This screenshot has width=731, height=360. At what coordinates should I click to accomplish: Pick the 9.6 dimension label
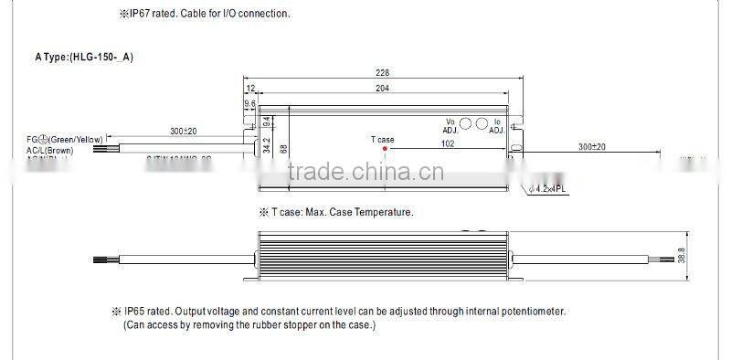(250, 104)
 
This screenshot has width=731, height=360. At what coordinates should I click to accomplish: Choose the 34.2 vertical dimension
(265, 145)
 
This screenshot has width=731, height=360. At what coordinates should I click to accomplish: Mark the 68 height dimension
(283, 148)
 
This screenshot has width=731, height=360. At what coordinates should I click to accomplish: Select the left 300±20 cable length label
(183, 131)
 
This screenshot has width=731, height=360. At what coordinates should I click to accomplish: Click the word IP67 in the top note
(145, 14)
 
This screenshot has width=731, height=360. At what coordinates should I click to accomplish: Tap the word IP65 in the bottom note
(137, 312)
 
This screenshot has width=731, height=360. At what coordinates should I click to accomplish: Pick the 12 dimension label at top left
(250, 90)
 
